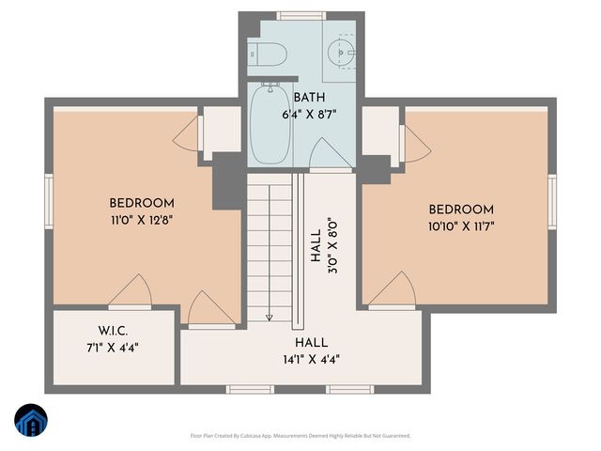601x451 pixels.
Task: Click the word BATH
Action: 311,98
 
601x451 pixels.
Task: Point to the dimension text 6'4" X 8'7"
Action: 310,114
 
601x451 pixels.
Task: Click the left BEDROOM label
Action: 142,203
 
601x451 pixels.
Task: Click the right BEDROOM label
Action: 461,209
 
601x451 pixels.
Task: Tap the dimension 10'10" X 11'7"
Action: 461,225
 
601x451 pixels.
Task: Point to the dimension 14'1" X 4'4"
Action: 310,358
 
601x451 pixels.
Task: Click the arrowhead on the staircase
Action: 269,317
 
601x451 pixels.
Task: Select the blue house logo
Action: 30,421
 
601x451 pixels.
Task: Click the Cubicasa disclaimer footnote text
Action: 300,436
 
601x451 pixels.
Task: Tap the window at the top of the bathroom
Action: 300,16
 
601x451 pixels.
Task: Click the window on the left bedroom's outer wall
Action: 49,201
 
